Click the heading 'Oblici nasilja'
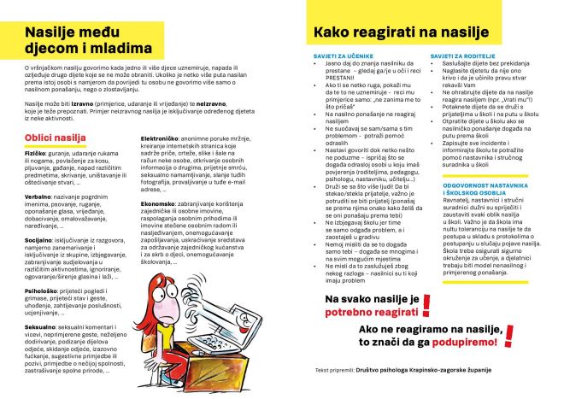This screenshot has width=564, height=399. tap(56, 137)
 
